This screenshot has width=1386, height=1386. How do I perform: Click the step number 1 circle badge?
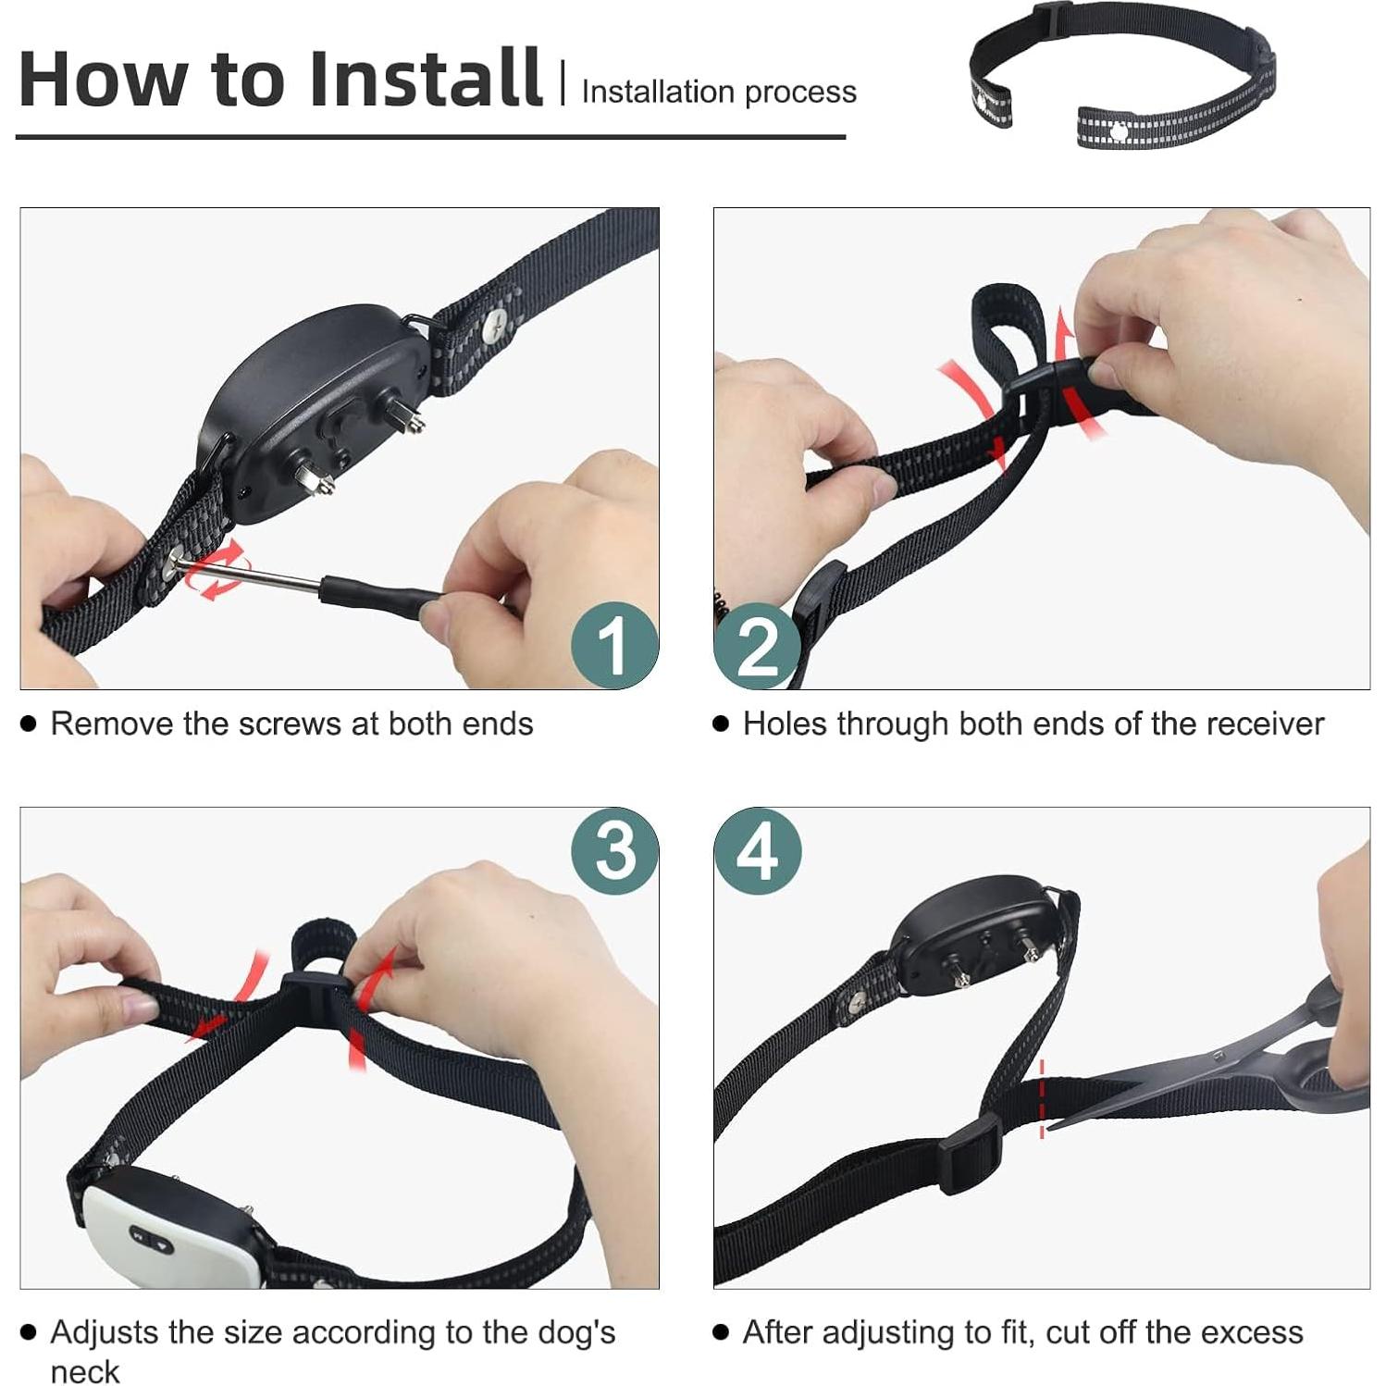point(614,645)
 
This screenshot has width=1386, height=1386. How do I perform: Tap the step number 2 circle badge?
point(758,645)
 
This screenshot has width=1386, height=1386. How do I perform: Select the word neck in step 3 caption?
point(85,1370)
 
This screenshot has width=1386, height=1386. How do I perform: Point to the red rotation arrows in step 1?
point(217,570)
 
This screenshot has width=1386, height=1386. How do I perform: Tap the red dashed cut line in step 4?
point(1042,1098)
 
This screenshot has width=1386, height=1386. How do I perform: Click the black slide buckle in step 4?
point(971,1154)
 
